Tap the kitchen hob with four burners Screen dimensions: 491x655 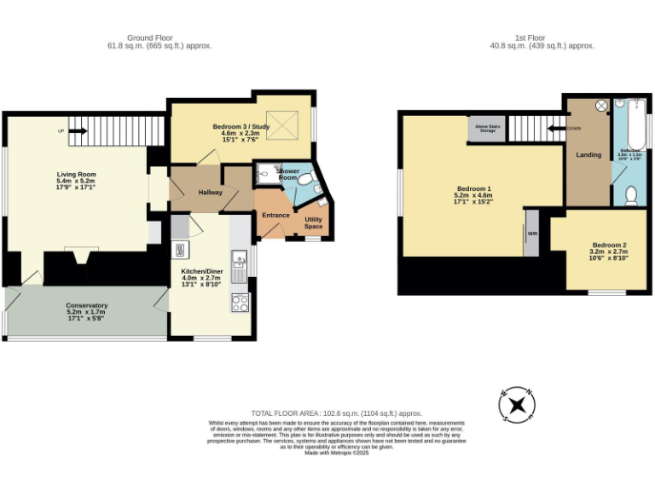tap(241, 302)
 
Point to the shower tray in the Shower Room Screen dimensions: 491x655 tap(266, 173)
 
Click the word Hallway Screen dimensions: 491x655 tap(211, 192)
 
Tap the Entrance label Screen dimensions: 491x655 tap(275, 215)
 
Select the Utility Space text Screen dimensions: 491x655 tap(313, 223)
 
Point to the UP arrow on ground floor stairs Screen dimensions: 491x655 tap(77, 131)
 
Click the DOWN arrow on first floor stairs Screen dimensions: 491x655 tap(554, 129)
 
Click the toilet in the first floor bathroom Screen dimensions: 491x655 tap(631, 195)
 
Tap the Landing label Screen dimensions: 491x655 tap(588, 154)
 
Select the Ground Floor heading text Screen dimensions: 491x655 tap(150, 38)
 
